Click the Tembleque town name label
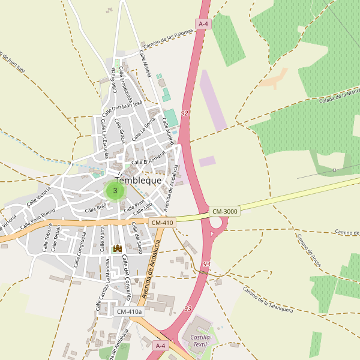137,180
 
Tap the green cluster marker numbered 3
115,191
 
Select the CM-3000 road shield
225,211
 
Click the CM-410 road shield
162,223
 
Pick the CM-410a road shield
129,311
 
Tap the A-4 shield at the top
203,24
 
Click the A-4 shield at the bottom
160,346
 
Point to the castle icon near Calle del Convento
118,248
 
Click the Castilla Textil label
200,341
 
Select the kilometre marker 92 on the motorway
184,113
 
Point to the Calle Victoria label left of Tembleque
36,196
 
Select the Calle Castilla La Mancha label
101,290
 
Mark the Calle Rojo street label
95,208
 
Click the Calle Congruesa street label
79,250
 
